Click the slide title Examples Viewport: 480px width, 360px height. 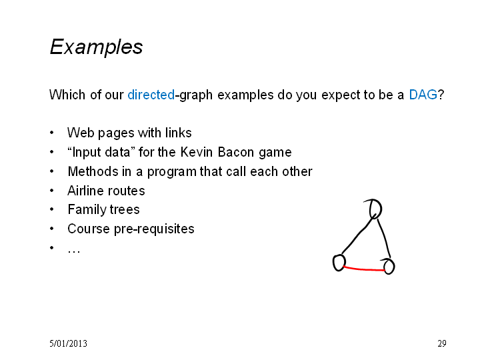coord(96,47)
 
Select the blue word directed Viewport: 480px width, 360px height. coord(151,95)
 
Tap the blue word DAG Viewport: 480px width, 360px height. coord(423,95)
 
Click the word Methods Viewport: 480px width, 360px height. coord(93,171)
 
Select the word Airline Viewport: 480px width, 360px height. coord(85,191)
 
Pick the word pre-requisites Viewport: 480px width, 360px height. coord(154,229)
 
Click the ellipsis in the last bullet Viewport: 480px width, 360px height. coord(74,251)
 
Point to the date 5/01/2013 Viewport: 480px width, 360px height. coord(68,343)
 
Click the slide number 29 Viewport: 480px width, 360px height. coord(442,343)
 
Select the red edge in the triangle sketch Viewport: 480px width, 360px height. coord(364,269)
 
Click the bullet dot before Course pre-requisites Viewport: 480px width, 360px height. coord(52,229)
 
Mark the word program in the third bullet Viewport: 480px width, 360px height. coord(172,172)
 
